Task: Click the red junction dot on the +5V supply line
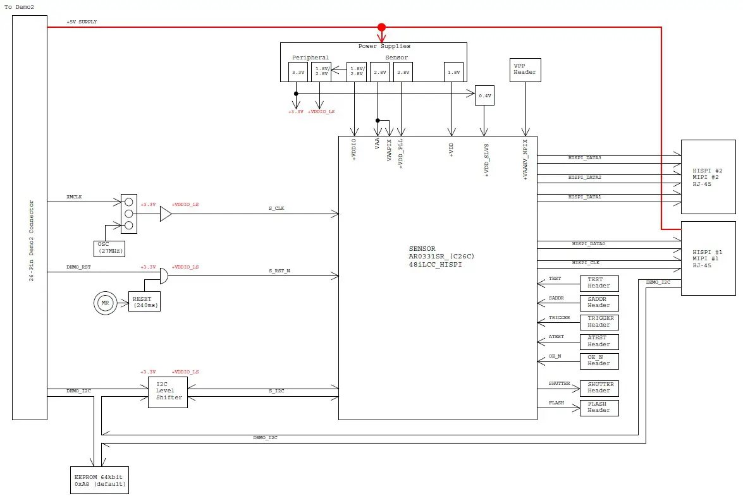(x=381, y=27)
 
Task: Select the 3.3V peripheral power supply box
(x=298, y=72)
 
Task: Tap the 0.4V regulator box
(x=484, y=95)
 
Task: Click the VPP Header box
(x=525, y=69)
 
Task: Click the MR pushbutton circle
(x=106, y=303)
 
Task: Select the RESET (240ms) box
(x=145, y=301)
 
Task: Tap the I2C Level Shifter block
(x=169, y=392)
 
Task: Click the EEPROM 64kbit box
(x=99, y=480)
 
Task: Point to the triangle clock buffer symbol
(x=165, y=214)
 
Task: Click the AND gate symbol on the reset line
(x=163, y=276)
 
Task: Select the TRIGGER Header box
(x=599, y=322)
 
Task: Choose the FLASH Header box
(x=599, y=408)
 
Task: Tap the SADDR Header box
(x=599, y=302)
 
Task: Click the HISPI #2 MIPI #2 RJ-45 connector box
(x=708, y=177)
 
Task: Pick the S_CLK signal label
(x=276, y=208)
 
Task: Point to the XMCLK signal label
(x=74, y=197)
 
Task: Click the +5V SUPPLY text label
(x=82, y=22)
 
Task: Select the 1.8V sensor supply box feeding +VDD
(x=453, y=72)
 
